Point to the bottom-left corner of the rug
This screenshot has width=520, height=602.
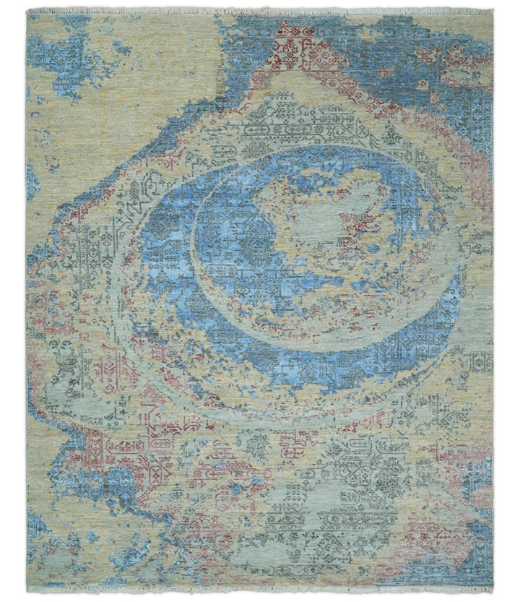(27, 586)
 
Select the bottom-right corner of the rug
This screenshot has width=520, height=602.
(493, 586)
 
